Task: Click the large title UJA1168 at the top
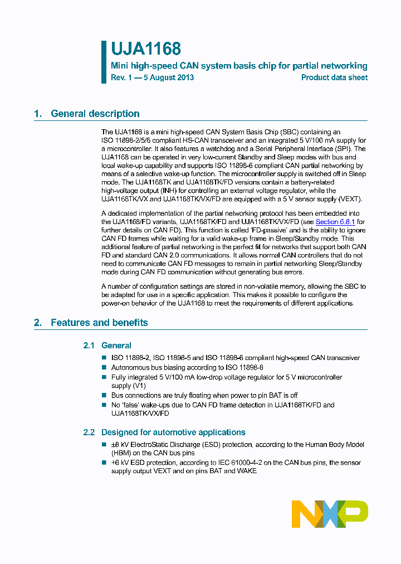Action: click(146, 50)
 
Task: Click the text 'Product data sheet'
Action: click(334, 77)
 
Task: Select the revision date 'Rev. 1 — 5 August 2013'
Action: click(152, 77)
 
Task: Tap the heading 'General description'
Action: click(95, 114)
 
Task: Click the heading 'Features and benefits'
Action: click(99, 323)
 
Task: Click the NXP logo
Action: click(330, 514)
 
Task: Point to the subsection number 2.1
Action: click(89, 346)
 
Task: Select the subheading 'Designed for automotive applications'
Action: click(173, 432)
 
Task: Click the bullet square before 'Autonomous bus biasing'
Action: click(104, 368)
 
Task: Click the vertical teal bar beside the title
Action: click(104, 62)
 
